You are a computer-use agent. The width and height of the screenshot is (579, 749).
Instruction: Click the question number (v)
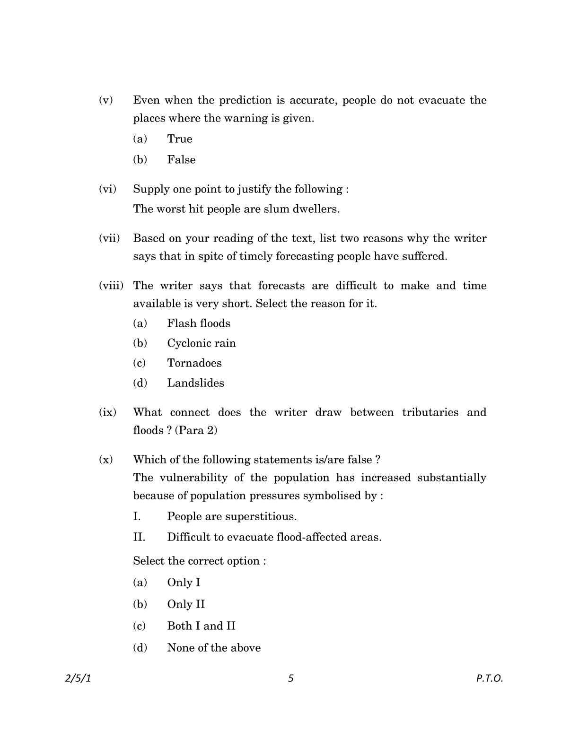point(106,100)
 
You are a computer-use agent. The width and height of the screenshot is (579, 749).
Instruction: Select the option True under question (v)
point(179,139)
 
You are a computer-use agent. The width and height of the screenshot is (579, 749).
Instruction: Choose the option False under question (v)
point(181,160)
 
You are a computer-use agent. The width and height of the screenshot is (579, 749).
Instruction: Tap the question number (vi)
point(107,189)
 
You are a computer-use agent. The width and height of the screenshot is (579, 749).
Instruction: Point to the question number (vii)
point(109,238)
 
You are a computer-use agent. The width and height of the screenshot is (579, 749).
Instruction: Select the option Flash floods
point(198,323)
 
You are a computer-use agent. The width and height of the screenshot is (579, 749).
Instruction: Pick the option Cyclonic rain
point(201,343)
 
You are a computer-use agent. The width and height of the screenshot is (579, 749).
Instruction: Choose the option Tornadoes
point(194,363)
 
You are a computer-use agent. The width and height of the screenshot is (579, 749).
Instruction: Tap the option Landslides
point(195,383)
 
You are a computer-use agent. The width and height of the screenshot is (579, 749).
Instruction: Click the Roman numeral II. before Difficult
point(139,537)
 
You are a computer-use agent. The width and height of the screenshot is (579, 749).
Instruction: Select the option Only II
point(186,604)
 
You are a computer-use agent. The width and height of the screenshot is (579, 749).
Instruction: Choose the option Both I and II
point(201,626)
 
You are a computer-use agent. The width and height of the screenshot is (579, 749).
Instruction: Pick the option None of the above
point(213,648)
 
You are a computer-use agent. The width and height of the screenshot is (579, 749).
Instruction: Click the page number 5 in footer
point(290,679)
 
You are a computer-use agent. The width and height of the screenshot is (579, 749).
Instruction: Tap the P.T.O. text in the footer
point(489,679)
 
